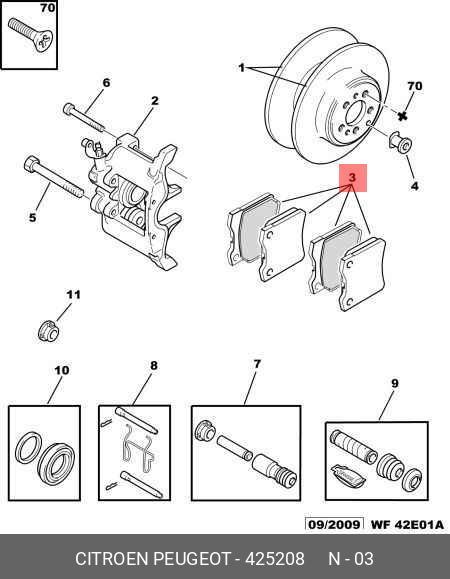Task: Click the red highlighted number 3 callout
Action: pos(353,178)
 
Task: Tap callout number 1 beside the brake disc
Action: pos(241,68)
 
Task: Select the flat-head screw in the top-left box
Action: pos(30,34)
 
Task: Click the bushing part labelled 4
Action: pos(401,144)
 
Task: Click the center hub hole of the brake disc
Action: pos(355,111)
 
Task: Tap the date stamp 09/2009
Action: pos(334,524)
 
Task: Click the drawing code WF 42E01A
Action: pos(407,524)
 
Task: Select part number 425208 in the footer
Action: pos(275,559)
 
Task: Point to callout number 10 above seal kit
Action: pos(62,370)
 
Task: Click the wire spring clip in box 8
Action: pos(137,448)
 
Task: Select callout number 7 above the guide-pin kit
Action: pos(257,364)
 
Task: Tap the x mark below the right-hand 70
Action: pos(402,116)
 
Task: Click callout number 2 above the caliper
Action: pos(155,101)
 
